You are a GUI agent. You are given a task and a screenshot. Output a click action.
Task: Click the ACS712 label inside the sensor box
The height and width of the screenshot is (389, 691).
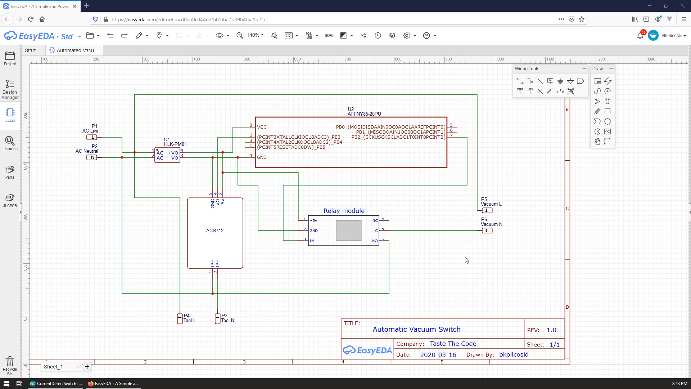pos(215,231)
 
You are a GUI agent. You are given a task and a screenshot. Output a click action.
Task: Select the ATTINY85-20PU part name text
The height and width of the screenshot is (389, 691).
pos(364,114)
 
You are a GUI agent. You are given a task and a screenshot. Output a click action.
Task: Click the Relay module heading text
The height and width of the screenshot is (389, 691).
pos(344,211)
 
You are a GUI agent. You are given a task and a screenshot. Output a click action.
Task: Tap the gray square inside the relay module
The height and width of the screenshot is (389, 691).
pos(348,231)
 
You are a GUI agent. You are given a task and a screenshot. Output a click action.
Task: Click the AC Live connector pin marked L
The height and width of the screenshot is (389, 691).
pos(92,137)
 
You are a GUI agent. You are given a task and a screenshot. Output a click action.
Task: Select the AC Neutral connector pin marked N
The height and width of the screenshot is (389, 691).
pos(92,157)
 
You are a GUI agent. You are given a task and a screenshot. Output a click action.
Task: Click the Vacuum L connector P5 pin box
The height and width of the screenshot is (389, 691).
pos(487,210)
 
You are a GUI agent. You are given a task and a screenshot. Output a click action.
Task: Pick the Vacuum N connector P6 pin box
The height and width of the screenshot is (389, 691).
pos(487,231)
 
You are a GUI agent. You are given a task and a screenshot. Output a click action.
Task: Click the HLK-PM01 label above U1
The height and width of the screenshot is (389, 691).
pos(175,144)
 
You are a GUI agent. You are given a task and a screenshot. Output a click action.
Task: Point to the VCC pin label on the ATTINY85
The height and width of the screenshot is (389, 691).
pos(262,127)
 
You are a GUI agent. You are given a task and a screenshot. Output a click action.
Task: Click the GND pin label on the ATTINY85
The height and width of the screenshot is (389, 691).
pos(262,157)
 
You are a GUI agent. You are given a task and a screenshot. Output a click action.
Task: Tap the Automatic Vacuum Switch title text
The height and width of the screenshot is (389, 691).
pos(416,329)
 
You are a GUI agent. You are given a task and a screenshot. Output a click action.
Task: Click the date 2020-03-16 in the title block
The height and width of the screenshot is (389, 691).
pos(438,355)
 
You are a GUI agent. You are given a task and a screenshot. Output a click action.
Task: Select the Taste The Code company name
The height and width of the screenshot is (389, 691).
pos(453,344)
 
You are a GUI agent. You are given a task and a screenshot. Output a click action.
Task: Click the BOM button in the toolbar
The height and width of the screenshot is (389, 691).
pos(329,36)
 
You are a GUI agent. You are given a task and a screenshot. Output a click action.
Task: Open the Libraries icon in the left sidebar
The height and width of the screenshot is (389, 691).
pos(10,143)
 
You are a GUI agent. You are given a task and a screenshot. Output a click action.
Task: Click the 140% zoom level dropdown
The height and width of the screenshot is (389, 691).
pos(255,35)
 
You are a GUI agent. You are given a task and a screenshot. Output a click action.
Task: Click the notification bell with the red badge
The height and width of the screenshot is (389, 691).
pos(640,35)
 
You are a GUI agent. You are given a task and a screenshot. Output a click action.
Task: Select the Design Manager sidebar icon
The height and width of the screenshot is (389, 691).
pos(10,89)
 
